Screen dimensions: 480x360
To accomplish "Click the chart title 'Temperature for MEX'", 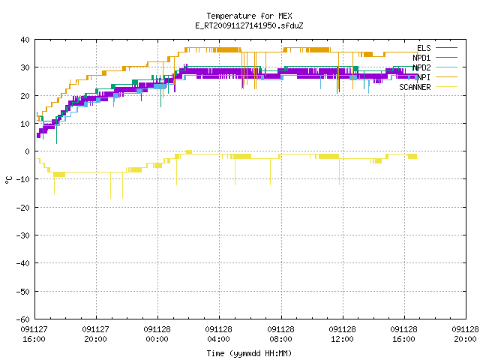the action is coord(249,16).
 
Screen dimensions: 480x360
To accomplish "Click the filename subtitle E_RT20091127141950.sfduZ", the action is coord(249,25).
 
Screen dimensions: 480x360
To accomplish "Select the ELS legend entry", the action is coord(424,48).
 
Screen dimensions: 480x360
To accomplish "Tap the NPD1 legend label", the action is coord(421,58).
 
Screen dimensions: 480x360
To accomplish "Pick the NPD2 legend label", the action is coord(421,67).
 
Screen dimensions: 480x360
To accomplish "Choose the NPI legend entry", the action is coord(424,77).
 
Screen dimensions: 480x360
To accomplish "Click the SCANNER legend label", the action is coord(415,87).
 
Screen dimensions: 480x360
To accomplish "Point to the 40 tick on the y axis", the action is coord(25,40).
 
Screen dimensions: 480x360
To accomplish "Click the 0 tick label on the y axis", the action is coord(28,151).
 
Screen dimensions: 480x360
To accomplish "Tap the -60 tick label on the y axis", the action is coord(23,319).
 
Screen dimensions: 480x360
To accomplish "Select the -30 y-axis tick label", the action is coord(23,235).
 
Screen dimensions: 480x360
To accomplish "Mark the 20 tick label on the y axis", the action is coord(25,96).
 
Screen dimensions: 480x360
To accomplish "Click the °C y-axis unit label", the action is coord(9,180).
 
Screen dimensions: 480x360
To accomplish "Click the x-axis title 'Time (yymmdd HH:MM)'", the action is coord(249,353).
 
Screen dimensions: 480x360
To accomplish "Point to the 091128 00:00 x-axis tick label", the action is coord(157,334).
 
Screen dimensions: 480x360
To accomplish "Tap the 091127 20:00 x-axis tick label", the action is coord(95,334).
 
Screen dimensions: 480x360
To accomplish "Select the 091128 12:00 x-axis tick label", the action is coord(342,334).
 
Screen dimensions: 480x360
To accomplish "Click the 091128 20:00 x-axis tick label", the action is coord(465,334).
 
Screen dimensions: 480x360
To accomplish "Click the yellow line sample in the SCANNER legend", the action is coord(447,87).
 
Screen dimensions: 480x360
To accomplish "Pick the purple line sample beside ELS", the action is coord(447,48).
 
